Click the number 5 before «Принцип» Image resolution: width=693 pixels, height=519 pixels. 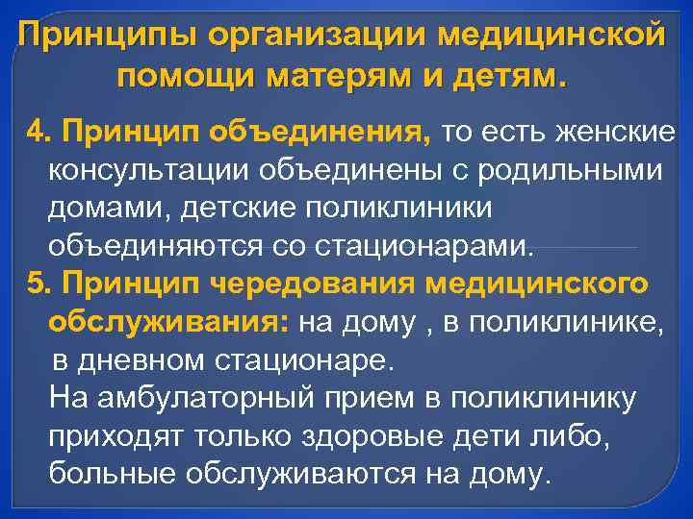click(36, 285)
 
